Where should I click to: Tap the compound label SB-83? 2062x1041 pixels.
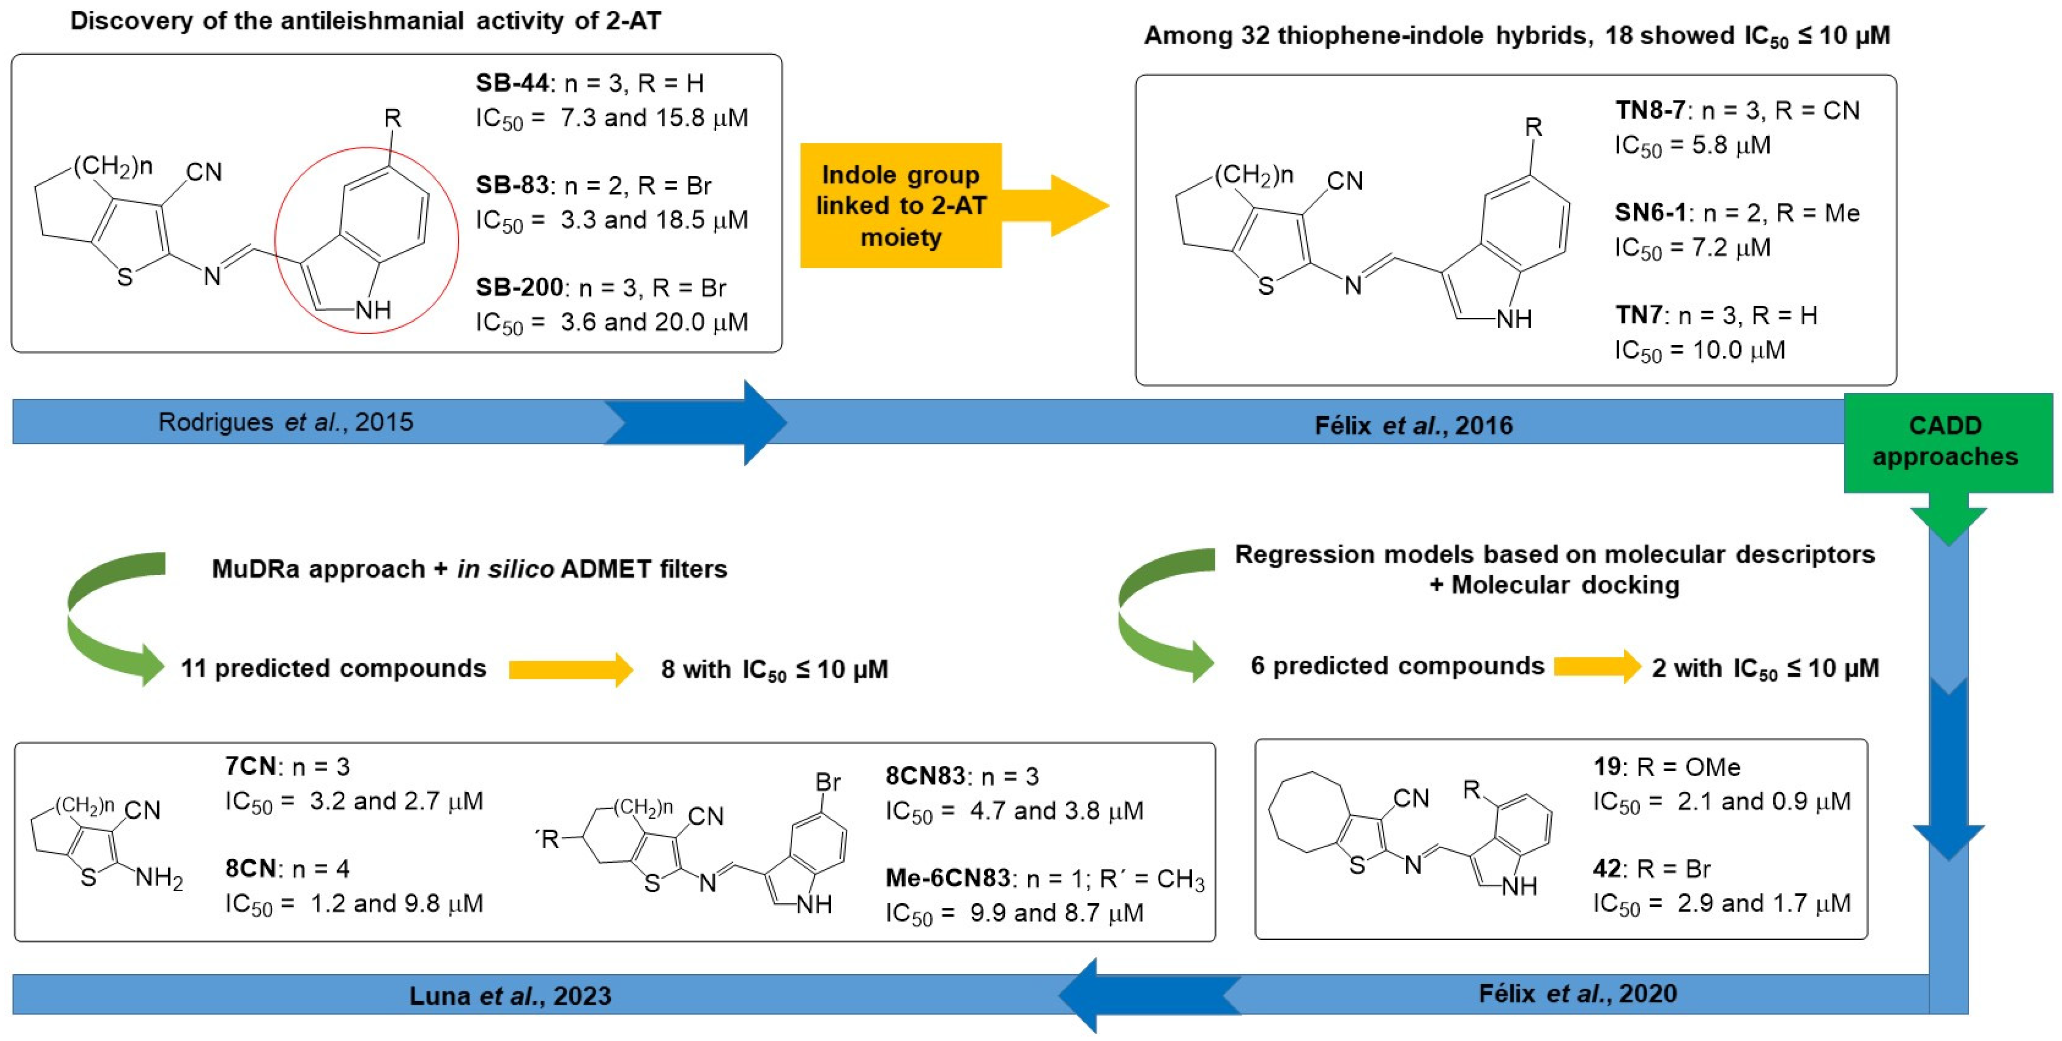512,185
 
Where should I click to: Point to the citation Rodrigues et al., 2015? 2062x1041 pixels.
286,422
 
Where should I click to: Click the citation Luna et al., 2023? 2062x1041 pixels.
510,995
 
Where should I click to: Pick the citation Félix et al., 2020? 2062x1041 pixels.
1577,993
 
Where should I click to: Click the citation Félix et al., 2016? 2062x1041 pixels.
1413,425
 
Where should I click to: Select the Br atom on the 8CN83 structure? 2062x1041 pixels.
827,782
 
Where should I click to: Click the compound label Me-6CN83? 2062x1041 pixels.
947,878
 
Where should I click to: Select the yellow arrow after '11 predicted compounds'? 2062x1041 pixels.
570,669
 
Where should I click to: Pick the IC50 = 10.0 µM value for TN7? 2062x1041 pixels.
1700,350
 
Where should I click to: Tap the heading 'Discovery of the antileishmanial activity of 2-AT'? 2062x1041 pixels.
366,21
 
